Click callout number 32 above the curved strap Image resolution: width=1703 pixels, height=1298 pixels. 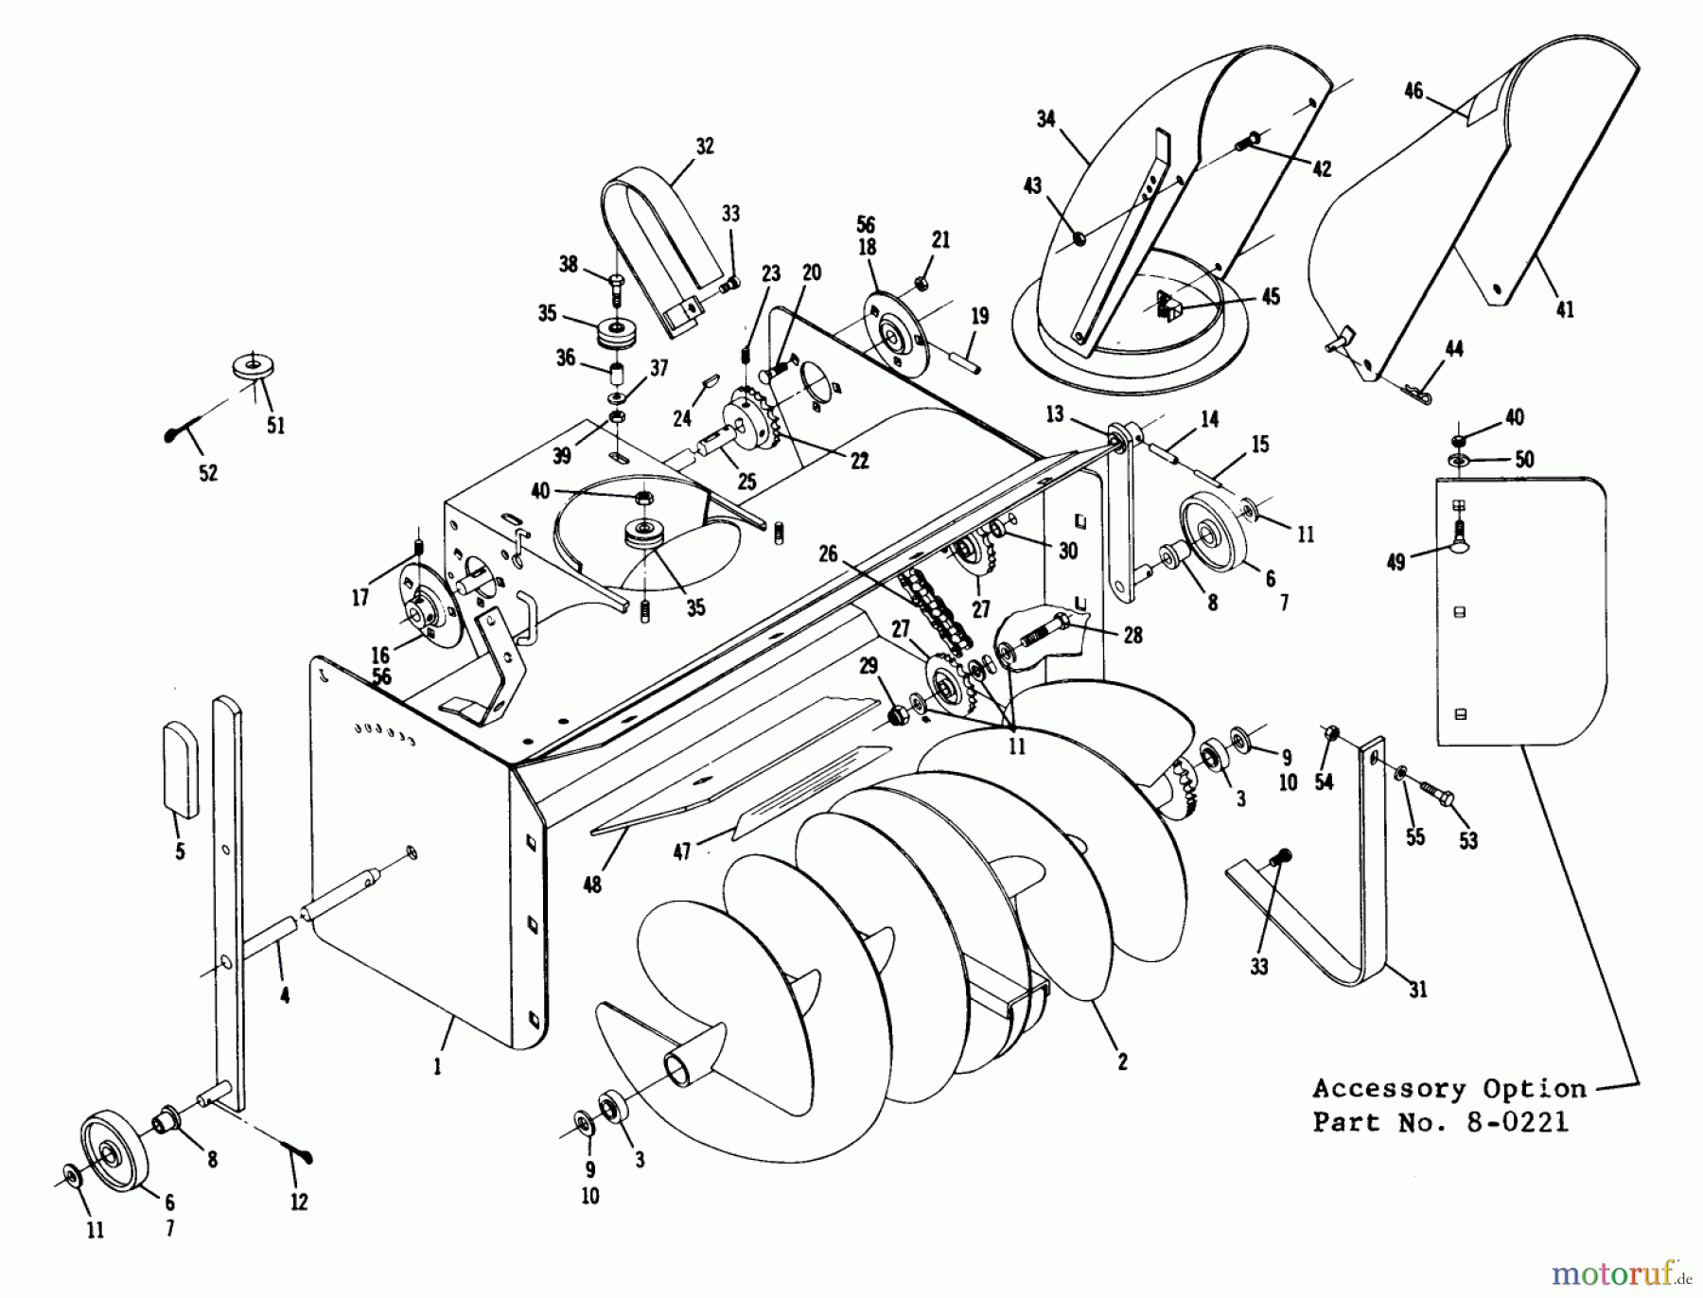tap(704, 147)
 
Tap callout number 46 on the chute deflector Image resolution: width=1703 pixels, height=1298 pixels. tap(1413, 92)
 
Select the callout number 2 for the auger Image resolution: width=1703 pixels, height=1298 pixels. tap(1122, 1062)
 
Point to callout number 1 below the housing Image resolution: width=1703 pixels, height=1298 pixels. tap(437, 1067)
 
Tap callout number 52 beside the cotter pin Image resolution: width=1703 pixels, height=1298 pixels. tap(208, 473)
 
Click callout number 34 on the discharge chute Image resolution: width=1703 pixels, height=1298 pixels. tap(1045, 119)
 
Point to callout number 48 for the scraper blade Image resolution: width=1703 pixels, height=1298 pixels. tap(593, 885)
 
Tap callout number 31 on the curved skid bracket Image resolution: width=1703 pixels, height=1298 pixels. tap(1417, 991)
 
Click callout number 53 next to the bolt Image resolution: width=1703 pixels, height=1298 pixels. tap(1467, 840)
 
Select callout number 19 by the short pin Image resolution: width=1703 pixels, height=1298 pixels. tap(980, 315)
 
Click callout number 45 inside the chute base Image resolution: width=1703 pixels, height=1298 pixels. tap(1271, 297)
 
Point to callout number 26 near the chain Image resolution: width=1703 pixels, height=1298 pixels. tap(829, 553)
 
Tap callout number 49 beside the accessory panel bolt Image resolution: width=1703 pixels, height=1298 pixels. tap(1396, 563)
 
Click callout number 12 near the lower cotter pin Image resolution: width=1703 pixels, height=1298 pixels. tap(299, 1202)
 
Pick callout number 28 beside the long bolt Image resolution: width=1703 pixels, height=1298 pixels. tap(1132, 635)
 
